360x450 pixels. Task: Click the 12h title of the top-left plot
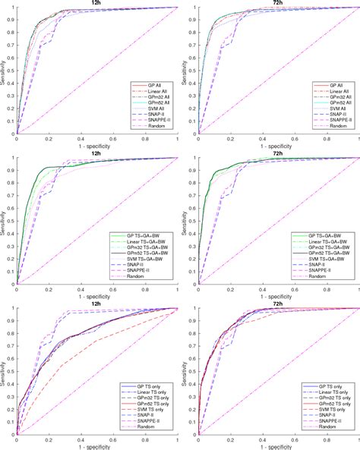(96, 3)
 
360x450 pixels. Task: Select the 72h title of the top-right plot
(277, 3)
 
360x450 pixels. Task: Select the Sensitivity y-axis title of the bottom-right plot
(185, 372)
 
